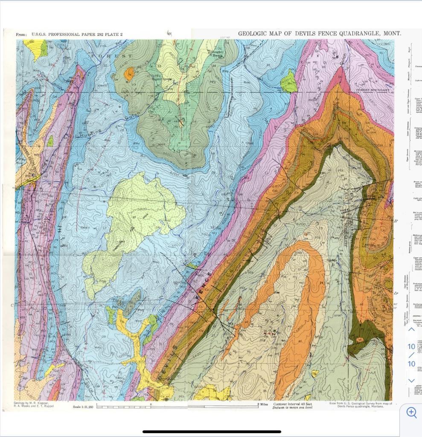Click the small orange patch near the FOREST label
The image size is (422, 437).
129,74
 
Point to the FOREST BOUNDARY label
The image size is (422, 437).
373,90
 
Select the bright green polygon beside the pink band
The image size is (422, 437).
289,82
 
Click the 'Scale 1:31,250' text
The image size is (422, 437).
84,407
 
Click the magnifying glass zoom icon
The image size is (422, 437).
411,412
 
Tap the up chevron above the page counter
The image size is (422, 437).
411,329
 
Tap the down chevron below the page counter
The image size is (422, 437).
411,380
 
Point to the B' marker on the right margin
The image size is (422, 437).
396,221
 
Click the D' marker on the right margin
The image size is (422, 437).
396,293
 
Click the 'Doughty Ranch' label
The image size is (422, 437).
218,53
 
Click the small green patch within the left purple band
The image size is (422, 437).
50,141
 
